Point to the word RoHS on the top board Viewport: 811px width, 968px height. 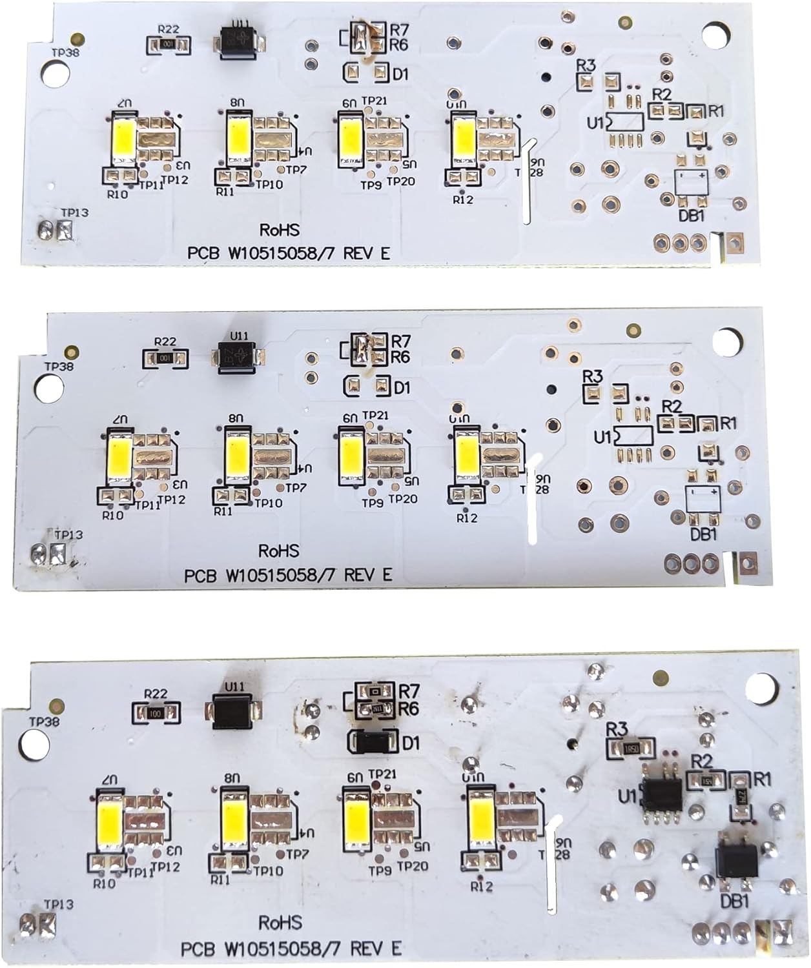(280, 230)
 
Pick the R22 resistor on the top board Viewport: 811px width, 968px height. (167, 45)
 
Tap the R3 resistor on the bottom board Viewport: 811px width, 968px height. (631, 749)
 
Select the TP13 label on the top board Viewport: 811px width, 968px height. (74, 213)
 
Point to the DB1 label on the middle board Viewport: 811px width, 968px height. (704, 535)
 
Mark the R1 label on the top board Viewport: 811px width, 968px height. (716, 112)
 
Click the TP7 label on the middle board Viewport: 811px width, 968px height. (296, 489)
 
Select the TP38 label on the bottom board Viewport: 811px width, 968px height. (43, 721)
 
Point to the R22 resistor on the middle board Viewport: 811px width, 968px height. (165, 357)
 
